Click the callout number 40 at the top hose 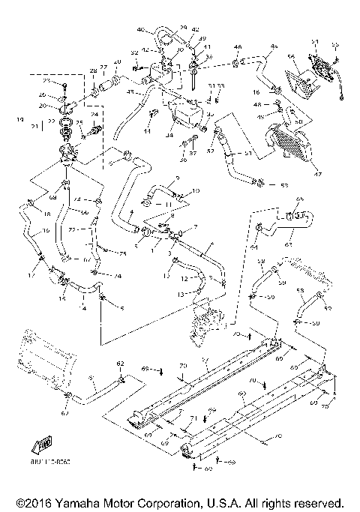(139, 29)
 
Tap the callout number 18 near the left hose (26, 214)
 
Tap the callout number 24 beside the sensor (94, 114)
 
